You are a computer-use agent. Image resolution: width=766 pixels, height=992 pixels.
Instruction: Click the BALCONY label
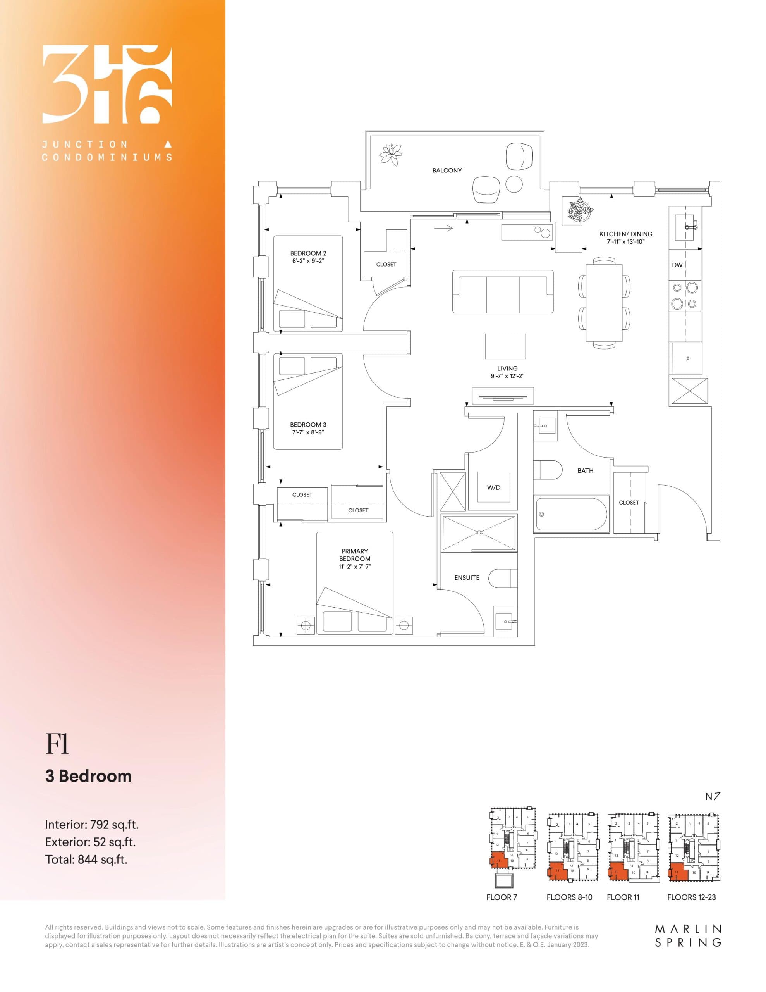(447, 170)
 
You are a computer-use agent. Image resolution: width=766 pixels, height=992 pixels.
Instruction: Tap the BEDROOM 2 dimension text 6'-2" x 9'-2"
(308, 261)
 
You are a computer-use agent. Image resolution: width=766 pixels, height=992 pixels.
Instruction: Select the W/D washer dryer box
(494, 487)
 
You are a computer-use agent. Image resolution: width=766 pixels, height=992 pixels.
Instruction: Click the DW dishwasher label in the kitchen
(677, 265)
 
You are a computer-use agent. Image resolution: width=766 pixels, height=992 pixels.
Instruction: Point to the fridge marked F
(687, 359)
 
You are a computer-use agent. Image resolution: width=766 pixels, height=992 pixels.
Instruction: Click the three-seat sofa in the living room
(503, 292)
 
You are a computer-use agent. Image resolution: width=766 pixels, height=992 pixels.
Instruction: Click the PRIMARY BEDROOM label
(355, 555)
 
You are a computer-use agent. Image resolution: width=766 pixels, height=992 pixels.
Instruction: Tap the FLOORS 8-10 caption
(569, 897)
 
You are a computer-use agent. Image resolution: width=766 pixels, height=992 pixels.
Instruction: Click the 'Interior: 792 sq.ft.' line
(92, 824)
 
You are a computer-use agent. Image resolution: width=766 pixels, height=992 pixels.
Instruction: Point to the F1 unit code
(57, 744)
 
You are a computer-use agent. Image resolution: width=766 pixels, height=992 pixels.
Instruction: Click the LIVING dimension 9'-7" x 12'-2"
(507, 376)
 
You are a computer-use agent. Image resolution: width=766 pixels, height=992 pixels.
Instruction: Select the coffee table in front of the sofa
(505, 346)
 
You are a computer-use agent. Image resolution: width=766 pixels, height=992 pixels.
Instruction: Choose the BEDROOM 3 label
(308, 425)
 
